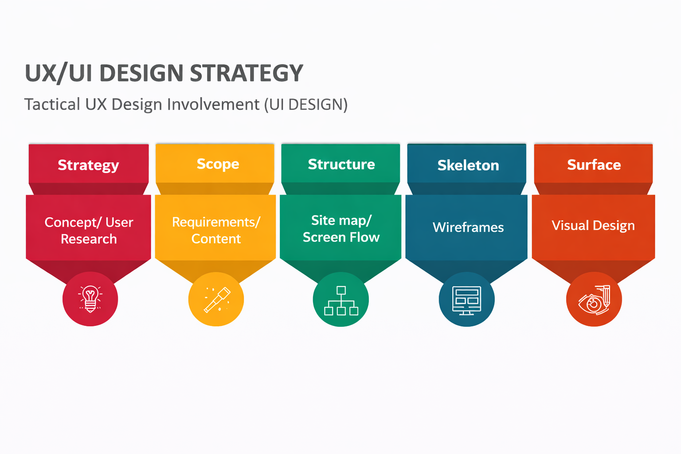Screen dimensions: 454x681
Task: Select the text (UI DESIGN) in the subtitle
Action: pyautogui.click(x=305, y=105)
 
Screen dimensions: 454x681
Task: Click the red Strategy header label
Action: pyautogui.click(x=88, y=165)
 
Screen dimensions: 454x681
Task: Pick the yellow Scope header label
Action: pyautogui.click(x=218, y=164)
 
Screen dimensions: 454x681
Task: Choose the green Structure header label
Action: pyautogui.click(x=341, y=164)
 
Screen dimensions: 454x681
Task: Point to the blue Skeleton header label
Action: pyautogui.click(x=468, y=165)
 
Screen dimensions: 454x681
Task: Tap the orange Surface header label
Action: pyautogui.click(x=594, y=165)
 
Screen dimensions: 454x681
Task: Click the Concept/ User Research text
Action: pyautogui.click(x=89, y=230)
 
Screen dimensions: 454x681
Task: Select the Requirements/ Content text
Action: pyautogui.click(x=216, y=230)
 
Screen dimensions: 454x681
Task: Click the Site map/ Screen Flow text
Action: pyautogui.click(x=341, y=229)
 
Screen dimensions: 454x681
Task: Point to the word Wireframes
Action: pyautogui.click(x=468, y=227)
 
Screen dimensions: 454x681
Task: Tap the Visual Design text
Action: pyautogui.click(x=593, y=226)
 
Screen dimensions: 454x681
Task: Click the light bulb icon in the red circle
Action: pyautogui.click(x=90, y=299)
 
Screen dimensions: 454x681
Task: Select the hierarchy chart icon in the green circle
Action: pyautogui.click(x=341, y=300)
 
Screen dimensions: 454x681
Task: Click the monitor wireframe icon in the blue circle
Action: pyautogui.click(x=466, y=300)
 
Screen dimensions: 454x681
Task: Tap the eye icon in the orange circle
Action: pyautogui.click(x=594, y=300)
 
